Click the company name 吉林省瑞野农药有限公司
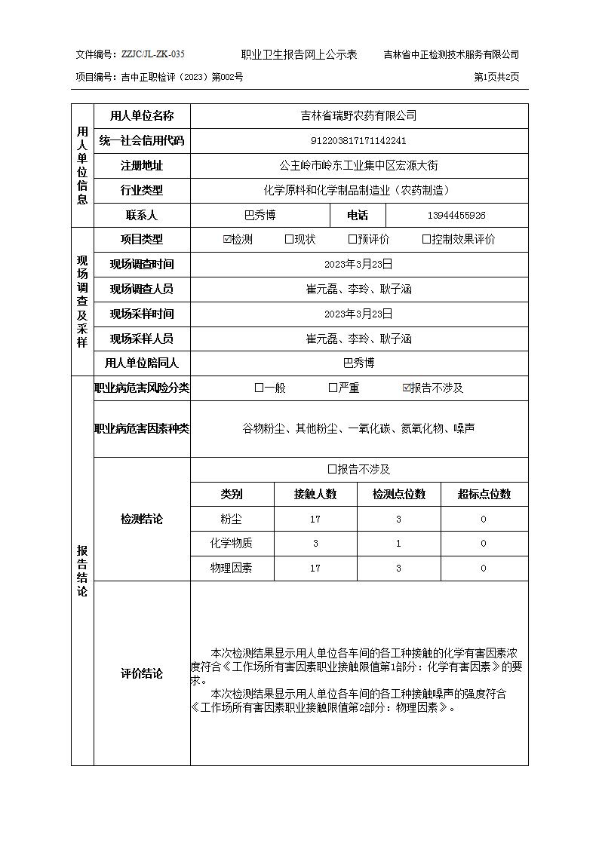pos(358,115)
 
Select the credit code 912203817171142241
pos(358,140)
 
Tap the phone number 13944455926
pos(456,215)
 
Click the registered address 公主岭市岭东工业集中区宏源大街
pos(358,165)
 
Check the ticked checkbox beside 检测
pos(227,240)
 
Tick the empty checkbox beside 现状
pos(289,240)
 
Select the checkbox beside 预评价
pos(352,240)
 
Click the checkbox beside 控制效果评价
pos(426,240)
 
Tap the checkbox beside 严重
pos(333,388)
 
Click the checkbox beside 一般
pos(259,388)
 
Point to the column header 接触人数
pos(315,494)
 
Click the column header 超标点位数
pos(484,494)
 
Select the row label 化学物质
pos(232,543)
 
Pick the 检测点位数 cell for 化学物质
pos(398,543)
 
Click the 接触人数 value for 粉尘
pos(315,519)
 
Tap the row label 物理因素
pos(232,568)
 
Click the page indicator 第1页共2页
pos(496,77)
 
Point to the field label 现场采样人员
pos(141,339)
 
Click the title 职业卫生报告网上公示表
pos(299,54)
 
